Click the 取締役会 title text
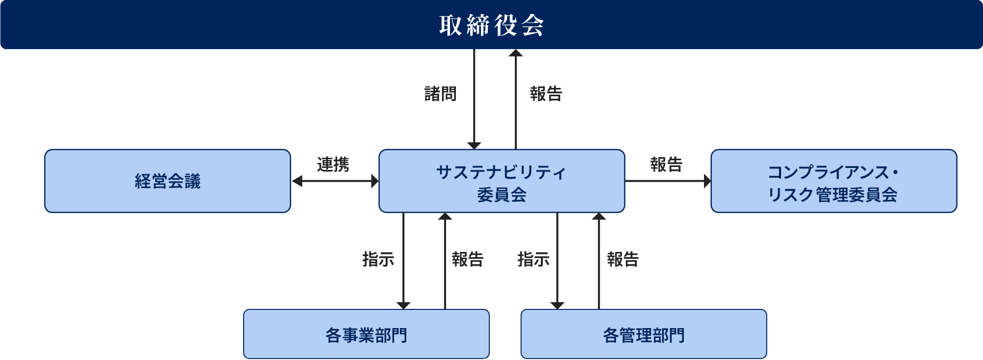pos(491,25)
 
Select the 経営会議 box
pos(168,181)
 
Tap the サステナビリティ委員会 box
pos(502,181)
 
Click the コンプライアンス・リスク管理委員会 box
pos(834,181)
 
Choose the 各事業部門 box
pos(366,334)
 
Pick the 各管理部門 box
pos(644,334)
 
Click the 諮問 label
pos(441,93)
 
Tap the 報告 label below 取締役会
pos(546,93)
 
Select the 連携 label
pos(333,164)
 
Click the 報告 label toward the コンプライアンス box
pos(666,164)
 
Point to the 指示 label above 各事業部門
pos(378,259)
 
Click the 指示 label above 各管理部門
pos(534,259)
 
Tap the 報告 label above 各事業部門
pos(468,259)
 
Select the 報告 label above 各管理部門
pos(623,259)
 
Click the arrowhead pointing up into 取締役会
pos(515,53)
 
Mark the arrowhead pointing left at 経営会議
pos(297,181)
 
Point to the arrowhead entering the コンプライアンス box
pos(707,181)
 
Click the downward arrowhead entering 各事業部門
pos(403,305)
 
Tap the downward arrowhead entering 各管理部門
pos(557,305)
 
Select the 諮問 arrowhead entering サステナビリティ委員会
pos(474,145)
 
